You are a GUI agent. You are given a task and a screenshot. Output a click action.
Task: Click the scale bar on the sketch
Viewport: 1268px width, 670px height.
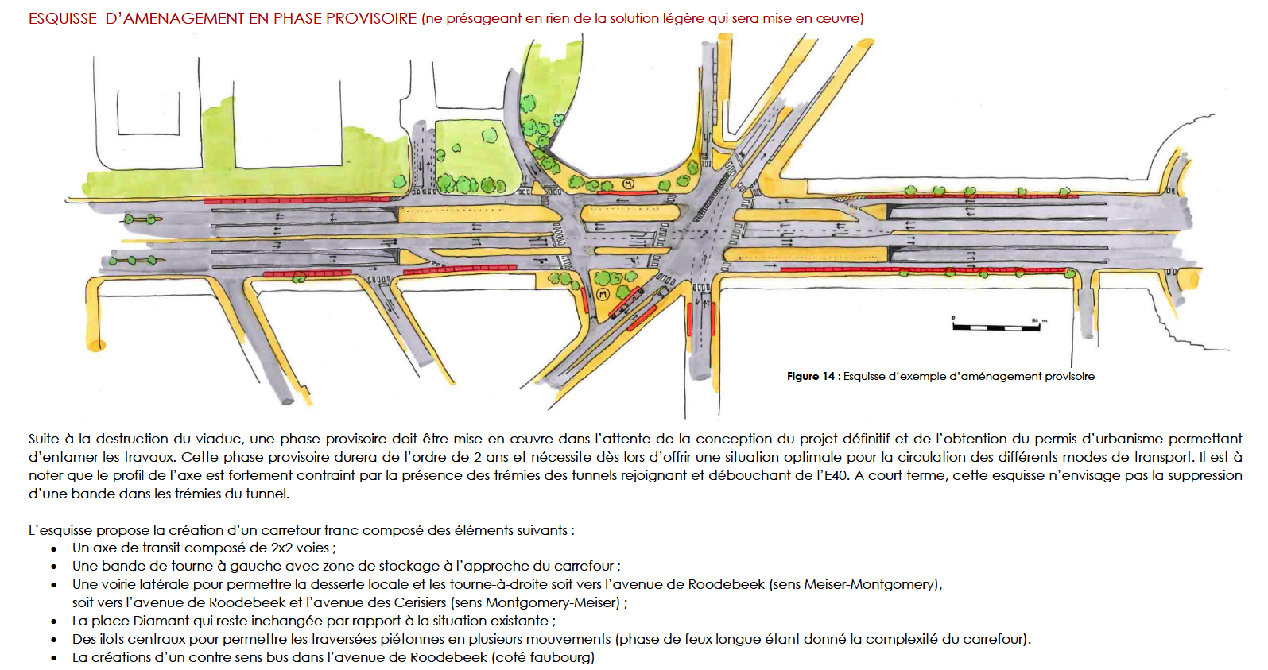pyautogui.click(x=996, y=327)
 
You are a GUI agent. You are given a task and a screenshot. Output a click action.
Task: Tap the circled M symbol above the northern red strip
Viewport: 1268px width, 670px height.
pyautogui.click(x=628, y=184)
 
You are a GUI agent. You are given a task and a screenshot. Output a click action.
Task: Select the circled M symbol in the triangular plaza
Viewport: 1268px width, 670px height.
pyautogui.click(x=603, y=294)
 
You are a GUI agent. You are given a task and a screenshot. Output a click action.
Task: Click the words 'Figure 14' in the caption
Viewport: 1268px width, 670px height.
pyautogui.click(x=811, y=376)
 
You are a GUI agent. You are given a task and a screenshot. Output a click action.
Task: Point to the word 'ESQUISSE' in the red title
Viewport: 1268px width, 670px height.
pyautogui.click(x=63, y=18)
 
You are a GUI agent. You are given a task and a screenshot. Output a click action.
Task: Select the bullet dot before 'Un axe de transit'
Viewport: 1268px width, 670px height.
pyautogui.click(x=54, y=548)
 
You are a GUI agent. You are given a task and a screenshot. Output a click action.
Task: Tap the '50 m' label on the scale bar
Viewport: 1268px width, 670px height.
pyautogui.click(x=1040, y=320)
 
